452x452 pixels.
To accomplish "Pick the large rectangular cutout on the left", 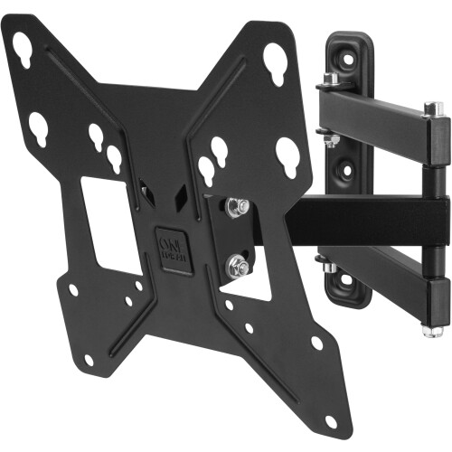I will [111, 223].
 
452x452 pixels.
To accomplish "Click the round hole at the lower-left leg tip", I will [89, 359].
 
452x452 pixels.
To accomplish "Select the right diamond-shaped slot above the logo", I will [181, 192].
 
